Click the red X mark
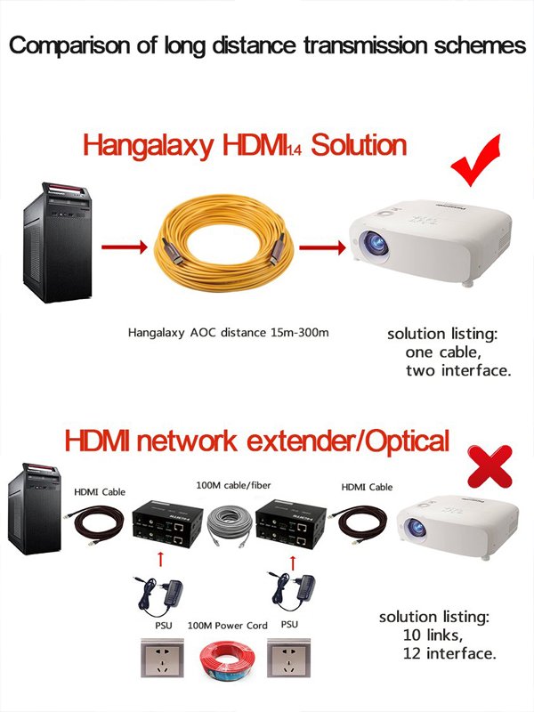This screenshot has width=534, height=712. [x=490, y=466]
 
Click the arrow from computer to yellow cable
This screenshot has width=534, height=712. [x=125, y=247]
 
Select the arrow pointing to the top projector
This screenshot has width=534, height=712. [x=322, y=247]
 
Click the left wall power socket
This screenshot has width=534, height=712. [x=162, y=658]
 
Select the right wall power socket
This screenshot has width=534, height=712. [x=288, y=658]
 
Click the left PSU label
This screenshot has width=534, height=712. [x=164, y=626]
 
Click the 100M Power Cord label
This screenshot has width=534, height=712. [x=228, y=626]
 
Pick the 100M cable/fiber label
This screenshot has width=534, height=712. [x=233, y=485]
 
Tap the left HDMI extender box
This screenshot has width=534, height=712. [x=167, y=524]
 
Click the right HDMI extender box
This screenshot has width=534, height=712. [x=291, y=524]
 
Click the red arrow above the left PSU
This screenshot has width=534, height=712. [x=160, y=560]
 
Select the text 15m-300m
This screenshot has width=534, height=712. [x=300, y=332]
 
